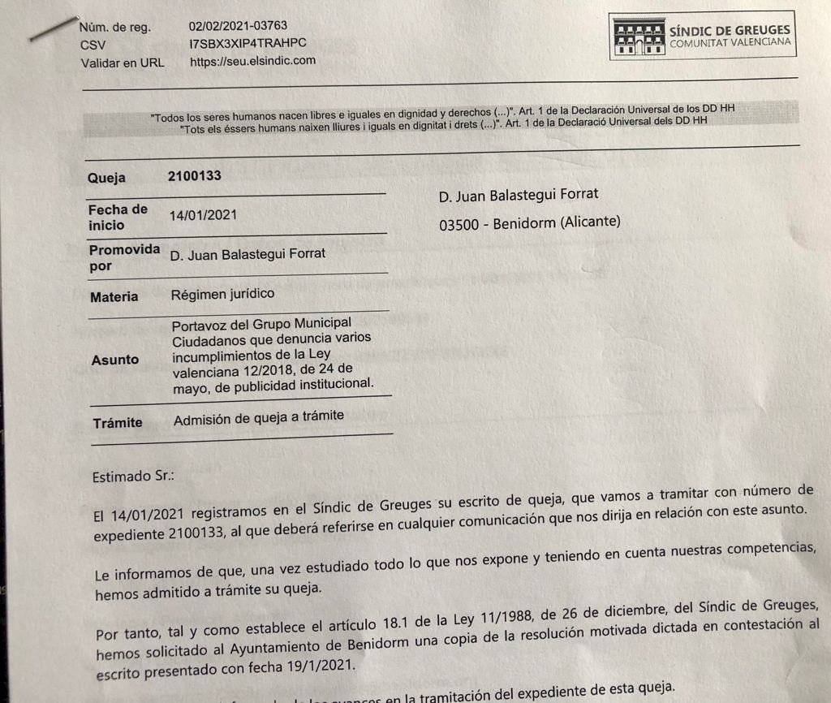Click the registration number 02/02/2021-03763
coord(238,26)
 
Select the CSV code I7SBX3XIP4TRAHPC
coord(248,43)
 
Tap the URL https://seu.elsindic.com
coord(252,60)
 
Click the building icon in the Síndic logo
coord(639,37)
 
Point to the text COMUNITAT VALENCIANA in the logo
coord(730,42)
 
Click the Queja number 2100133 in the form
coord(195,175)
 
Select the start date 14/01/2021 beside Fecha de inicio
coord(203,216)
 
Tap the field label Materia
coord(114,297)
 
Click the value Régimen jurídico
coord(222,293)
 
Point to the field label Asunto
coord(114,359)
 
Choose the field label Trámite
coord(118,422)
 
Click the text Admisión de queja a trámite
coord(259,416)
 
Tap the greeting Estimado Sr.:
coord(134,477)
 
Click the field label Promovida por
coord(123,257)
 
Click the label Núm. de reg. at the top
coord(116,27)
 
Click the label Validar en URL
coord(123,62)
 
